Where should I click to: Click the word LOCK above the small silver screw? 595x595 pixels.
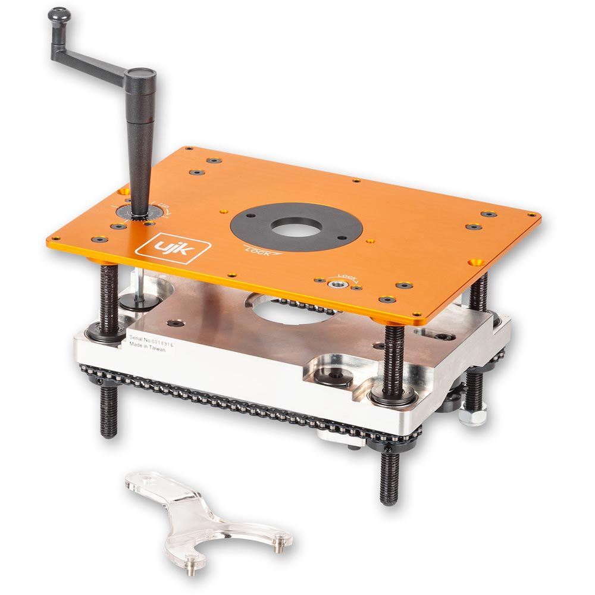(347, 276)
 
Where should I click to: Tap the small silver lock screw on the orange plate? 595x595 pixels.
(338, 286)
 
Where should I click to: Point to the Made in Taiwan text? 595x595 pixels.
(148, 350)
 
